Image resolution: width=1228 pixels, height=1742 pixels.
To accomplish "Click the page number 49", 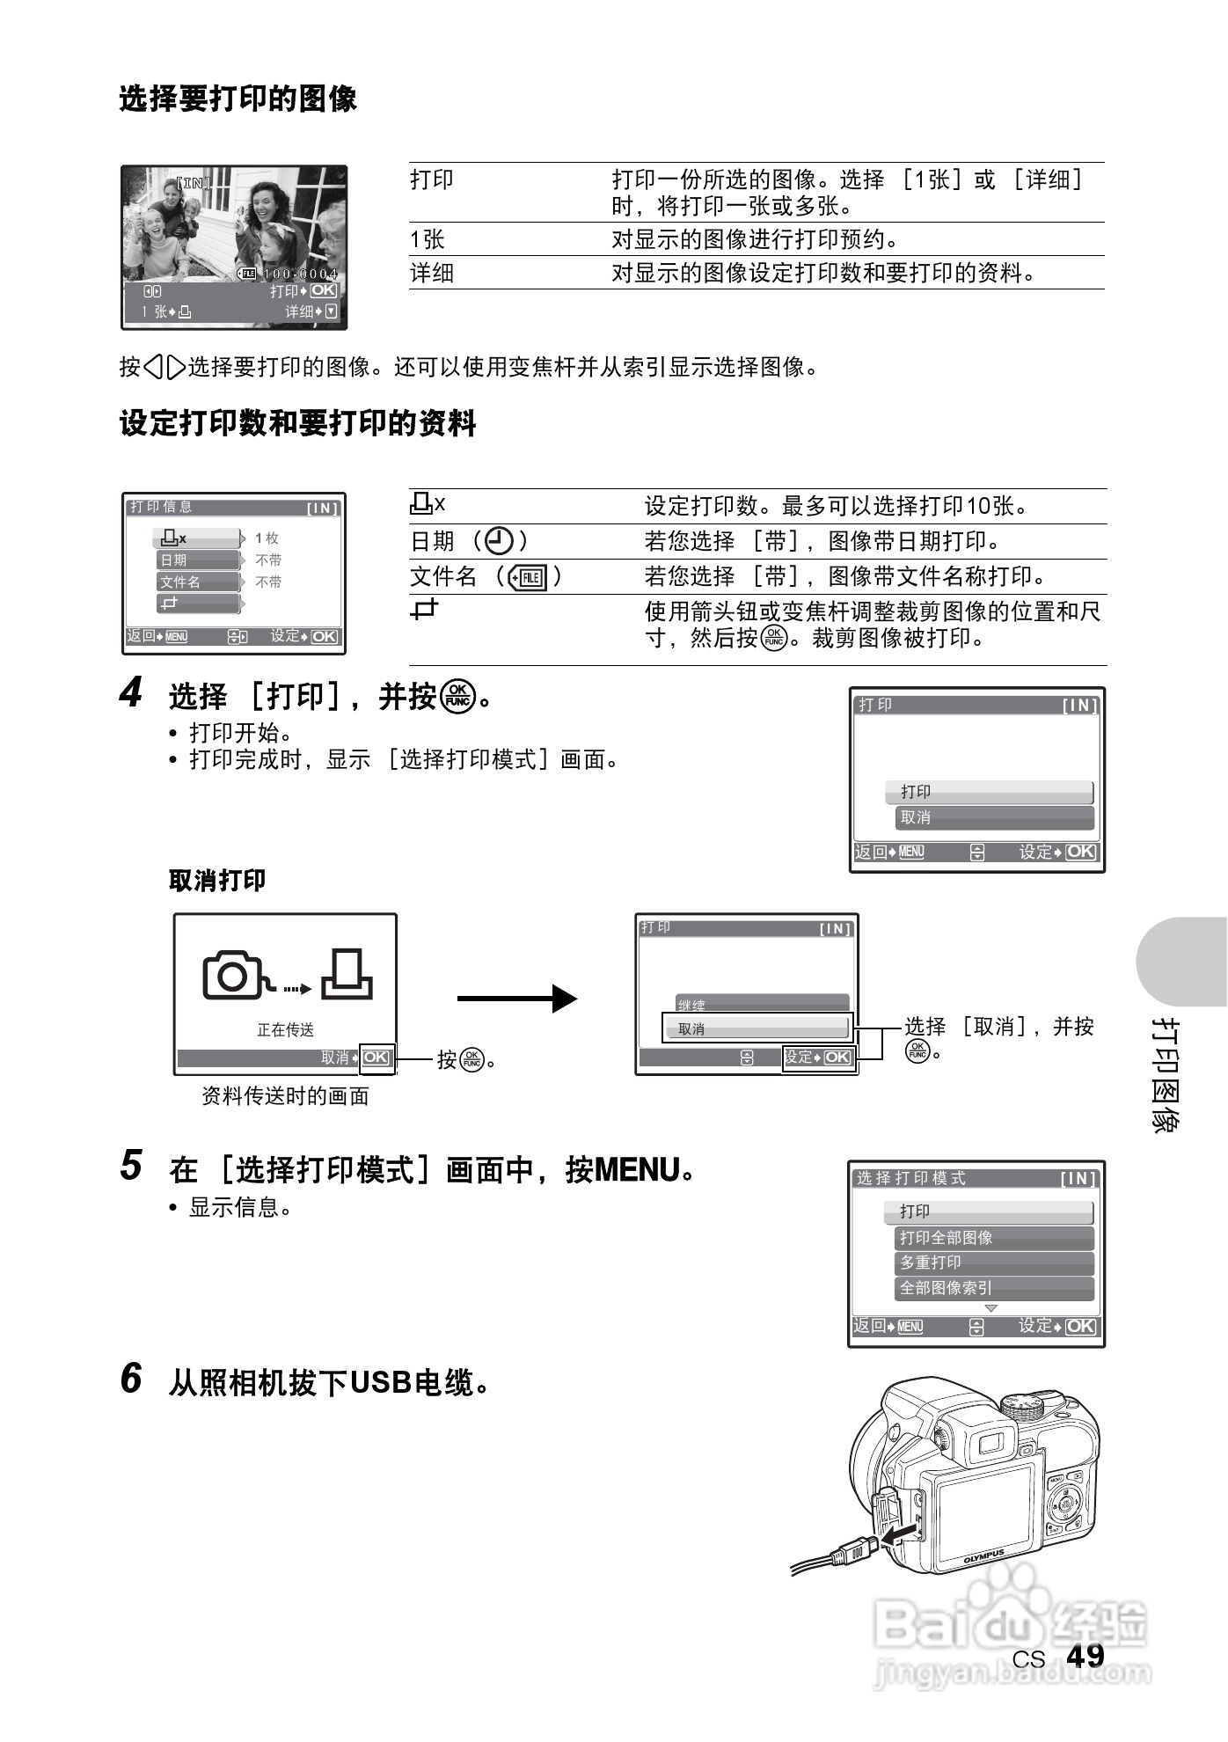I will tap(1085, 1656).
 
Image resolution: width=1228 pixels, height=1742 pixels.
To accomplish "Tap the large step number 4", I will tap(130, 693).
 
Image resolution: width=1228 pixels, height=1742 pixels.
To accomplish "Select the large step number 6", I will tap(130, 1378).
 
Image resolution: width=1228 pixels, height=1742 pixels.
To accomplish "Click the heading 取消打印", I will tap(216, 881).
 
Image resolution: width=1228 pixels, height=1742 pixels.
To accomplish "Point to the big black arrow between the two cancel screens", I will tap(516, 999).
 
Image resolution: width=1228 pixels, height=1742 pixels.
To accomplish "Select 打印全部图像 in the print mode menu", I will tap(946, 1238).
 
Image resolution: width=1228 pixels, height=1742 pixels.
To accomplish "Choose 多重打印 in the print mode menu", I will tap(931, 1263).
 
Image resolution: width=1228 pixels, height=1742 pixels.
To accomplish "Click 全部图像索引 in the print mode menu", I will tap(946, 1288).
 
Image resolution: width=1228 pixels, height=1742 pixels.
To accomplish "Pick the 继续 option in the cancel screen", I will tap(692, 1005).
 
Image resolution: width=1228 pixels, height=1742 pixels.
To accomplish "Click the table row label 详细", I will tap(432, 273).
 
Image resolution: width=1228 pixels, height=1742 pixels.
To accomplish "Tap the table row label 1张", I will tap(428, 239).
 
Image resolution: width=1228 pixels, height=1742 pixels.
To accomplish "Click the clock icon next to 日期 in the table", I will tap(499, 541).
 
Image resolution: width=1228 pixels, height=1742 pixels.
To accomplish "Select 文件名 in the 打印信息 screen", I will tap(180, 582).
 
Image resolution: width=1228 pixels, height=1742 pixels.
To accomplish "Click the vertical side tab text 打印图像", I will tap(1166, 1075).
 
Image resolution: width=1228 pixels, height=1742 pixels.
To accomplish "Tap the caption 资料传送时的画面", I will tap(285, 1096).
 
